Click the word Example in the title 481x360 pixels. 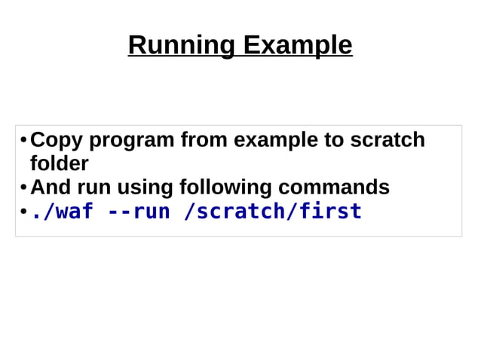coord(297,45)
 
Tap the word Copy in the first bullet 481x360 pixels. coord(55,140)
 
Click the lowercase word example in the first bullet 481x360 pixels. coord(275,141)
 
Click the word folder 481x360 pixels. coord(59,163)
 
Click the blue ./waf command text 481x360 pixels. coord(61,212)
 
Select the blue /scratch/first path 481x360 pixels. coord(273,212)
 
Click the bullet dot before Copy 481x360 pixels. coord(23,141)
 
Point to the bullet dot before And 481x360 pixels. coord(23,188)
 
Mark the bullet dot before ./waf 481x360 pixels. coord(23,212)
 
